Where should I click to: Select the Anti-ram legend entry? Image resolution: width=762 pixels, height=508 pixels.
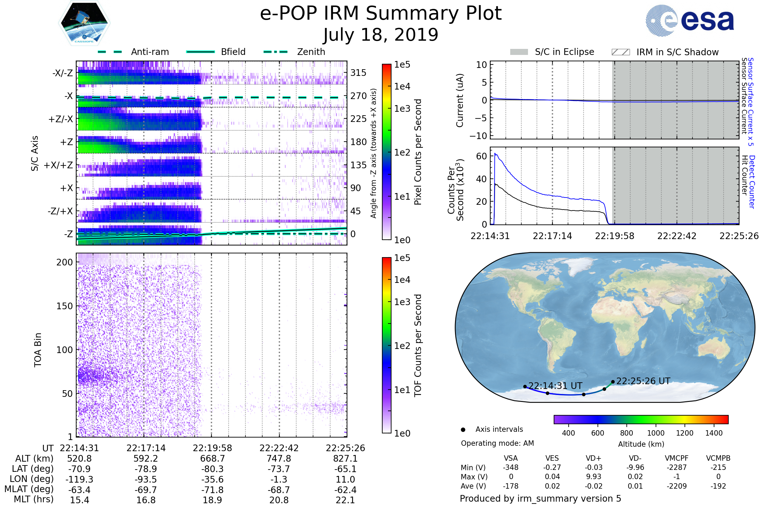coord(150,52)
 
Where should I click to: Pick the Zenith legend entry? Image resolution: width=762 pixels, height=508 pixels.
coord(311,52)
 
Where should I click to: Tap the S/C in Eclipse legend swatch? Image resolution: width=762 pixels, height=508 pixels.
coord(519,52)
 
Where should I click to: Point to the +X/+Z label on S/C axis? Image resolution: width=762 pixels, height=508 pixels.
coord(58,165)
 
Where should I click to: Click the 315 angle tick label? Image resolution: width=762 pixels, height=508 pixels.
coord(358,73)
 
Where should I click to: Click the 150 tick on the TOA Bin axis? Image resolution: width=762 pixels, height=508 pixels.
coord(64,306)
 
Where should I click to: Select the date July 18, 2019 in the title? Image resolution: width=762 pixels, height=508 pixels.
coord(381,35)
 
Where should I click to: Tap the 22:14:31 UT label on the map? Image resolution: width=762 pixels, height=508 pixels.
coord(555,386)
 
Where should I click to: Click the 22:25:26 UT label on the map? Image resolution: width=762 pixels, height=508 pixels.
coord(643,381)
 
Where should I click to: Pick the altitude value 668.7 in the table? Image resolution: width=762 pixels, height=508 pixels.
coord(212,459)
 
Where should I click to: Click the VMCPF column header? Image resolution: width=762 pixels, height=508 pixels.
coord(677,458)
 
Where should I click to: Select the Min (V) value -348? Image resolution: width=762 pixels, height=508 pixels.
coord(511,467)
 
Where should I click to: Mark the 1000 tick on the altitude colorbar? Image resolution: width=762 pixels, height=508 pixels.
coord(655,433)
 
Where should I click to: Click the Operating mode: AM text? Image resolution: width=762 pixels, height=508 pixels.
coord(497,443)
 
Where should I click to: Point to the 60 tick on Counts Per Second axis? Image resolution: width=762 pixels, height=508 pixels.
coord(481,156)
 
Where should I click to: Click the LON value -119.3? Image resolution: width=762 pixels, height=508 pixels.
coord(79,479)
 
